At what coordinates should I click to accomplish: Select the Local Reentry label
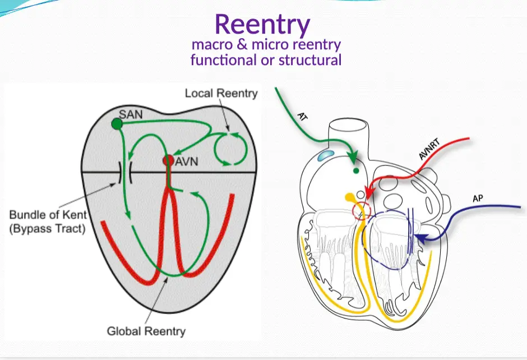tap(221, 93)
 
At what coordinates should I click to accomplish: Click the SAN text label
tap(131, 114)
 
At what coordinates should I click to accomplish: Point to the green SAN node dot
tap(117, 123)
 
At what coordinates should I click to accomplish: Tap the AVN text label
tap(187, 162)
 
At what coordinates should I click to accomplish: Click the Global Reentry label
tap(146, 331)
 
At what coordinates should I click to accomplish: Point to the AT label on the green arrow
tap(302, 117)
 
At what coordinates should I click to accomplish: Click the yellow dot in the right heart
tap(350, 197)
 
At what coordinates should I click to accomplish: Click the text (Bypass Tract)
tap(47, 229)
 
